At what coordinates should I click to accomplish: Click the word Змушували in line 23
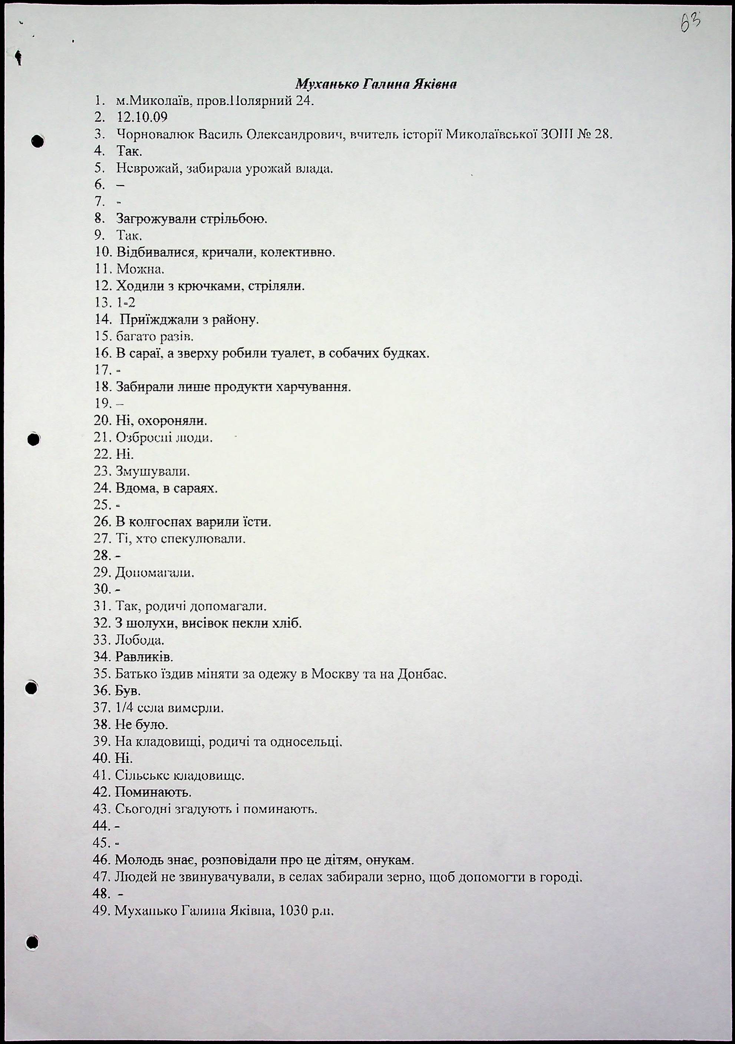pyautogui.click(x=152, y=471)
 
